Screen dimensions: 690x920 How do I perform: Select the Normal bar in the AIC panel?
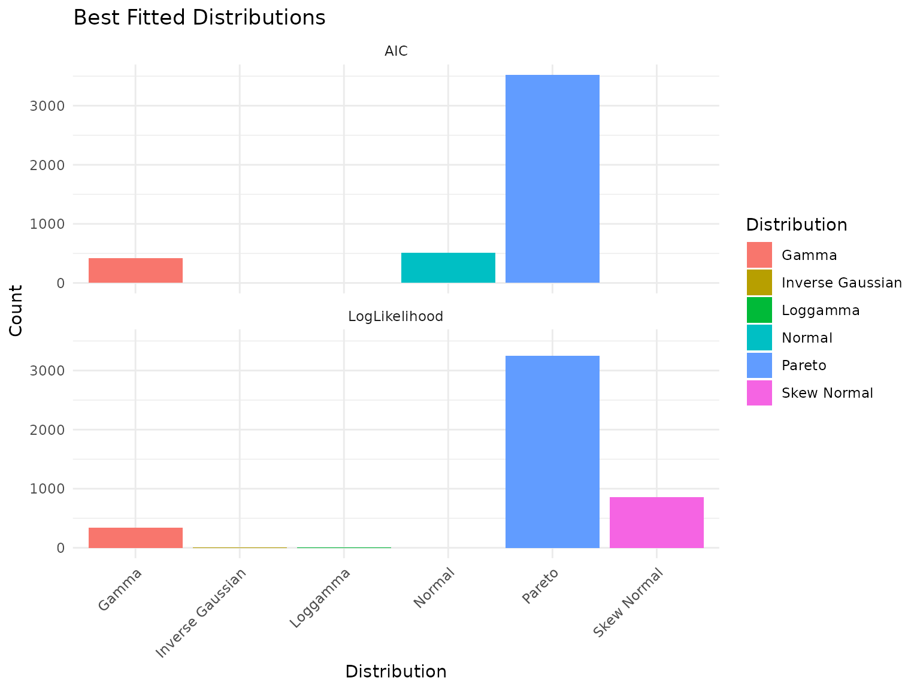(x=448, y=268)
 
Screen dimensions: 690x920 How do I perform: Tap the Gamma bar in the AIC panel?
(x=135, y=270)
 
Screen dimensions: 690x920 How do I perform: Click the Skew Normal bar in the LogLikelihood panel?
(x=656, y=522)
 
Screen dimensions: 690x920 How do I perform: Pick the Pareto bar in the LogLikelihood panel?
(x=552, y=452)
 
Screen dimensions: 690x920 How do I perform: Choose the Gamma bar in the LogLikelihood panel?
(x=135, y=537)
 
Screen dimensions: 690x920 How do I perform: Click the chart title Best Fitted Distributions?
(x=199, y=18)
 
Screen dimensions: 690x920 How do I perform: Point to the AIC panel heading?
(x=396, y=52)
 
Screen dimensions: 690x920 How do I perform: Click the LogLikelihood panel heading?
(x=396, y=316)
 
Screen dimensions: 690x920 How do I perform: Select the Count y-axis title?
(x=16, y=310)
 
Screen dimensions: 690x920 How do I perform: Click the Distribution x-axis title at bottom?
(x=396, y=671)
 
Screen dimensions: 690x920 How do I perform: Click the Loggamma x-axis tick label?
(x=320, y=599)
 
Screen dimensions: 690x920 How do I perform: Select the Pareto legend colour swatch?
(x=759, y=365)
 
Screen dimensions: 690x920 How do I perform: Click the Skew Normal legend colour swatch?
(x=759, y=393)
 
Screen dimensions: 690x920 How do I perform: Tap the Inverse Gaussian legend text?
(x=842, y=283)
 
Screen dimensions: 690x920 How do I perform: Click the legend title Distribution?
(x=796, y=225)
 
